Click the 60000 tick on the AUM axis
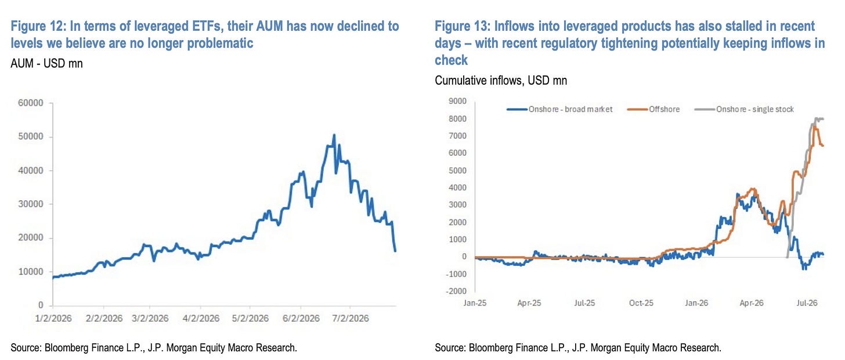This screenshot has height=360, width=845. (x=31, y=103)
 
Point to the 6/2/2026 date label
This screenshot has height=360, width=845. (x=301, y=319)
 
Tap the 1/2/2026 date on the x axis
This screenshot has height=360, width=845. (x=53, y=319)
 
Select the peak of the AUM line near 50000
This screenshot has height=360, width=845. (x=334, y=135)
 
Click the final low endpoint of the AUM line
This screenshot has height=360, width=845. (x=395, y=251)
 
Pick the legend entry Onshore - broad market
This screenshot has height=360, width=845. (x=560, y=109)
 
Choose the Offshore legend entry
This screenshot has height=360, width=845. (x=653, y=109)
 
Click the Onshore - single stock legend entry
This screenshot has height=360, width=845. (x=744, y=109)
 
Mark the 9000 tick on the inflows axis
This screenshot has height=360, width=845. (x=457, y=101)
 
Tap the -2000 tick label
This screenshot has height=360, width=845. (x=456, y=291)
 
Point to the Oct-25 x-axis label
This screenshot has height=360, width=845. (x=641, y=303)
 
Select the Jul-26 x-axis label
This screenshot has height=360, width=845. (x=807, y=303)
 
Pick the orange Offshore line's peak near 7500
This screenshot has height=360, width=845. (x=815, y=128)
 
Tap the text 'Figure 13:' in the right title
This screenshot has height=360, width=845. (x=463, y=26)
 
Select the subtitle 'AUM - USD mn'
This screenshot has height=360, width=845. (x=46, y=63)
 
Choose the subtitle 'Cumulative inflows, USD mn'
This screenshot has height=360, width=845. (x=501, y=80)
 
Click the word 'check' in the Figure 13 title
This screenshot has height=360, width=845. (x=451, y=60)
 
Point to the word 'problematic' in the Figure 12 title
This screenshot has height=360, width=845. (x=220, y=44)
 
